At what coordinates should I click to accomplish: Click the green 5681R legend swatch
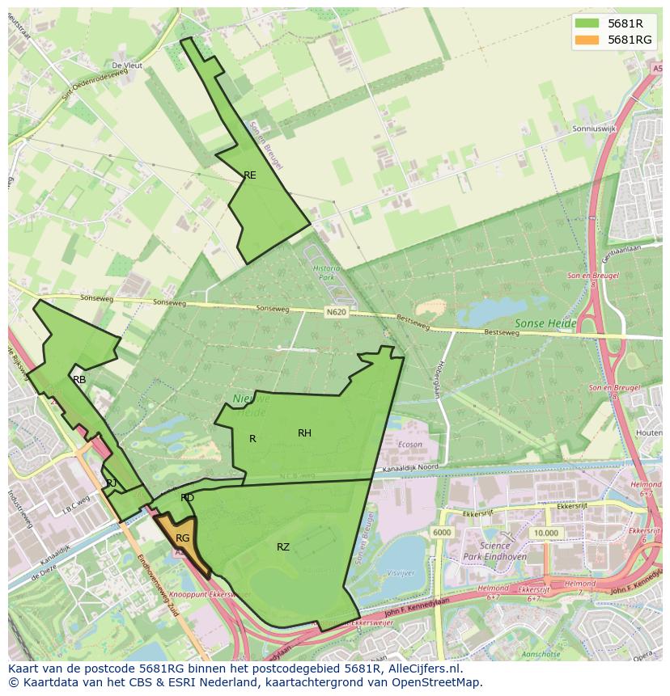click(587, 23)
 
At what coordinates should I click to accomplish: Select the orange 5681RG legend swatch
click(587, 40)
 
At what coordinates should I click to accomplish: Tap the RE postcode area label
click(250, 175)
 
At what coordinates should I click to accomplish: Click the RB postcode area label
click(79, 379)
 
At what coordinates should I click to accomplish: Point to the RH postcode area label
click(304, 433)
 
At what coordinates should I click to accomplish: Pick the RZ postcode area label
click(282, 547)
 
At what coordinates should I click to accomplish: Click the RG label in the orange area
click(183, 538)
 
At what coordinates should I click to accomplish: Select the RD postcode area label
click(187, 498)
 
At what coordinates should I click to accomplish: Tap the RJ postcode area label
click(112, 483)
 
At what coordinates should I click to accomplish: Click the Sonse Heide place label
click(545, 323)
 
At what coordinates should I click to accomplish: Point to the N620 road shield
click(337, 311)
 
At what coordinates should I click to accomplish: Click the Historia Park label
click(327, 272)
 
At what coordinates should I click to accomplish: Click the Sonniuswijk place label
click(593, 128)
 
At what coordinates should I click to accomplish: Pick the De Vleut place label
click(126, 65)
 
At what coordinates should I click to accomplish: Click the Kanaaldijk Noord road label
click(411, 466)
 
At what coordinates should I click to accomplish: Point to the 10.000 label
click(545, 533)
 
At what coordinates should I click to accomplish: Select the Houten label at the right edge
click(650, 433)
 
